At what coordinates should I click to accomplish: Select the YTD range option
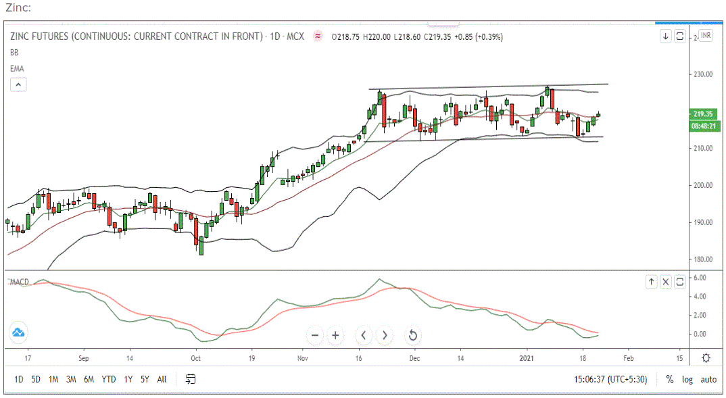(x=109, y=379)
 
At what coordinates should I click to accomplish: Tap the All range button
(x=162, y=379)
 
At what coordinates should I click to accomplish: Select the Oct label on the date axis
(x=195, y=358)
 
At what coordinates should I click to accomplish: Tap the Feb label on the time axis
(x=628, y=358)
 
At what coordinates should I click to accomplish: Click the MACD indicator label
(x=21, y=281)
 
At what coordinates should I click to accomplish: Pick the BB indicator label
(x=14, y=52)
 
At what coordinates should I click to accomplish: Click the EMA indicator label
(x=17, y=68)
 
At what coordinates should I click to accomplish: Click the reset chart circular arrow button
(x=412, y=335)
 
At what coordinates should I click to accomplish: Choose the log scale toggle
(x=687, y=379)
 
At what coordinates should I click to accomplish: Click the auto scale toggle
(x=708, y=379)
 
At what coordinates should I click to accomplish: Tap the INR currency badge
(x=705, y=36)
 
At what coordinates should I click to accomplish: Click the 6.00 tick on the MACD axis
(x=700, y=278)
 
